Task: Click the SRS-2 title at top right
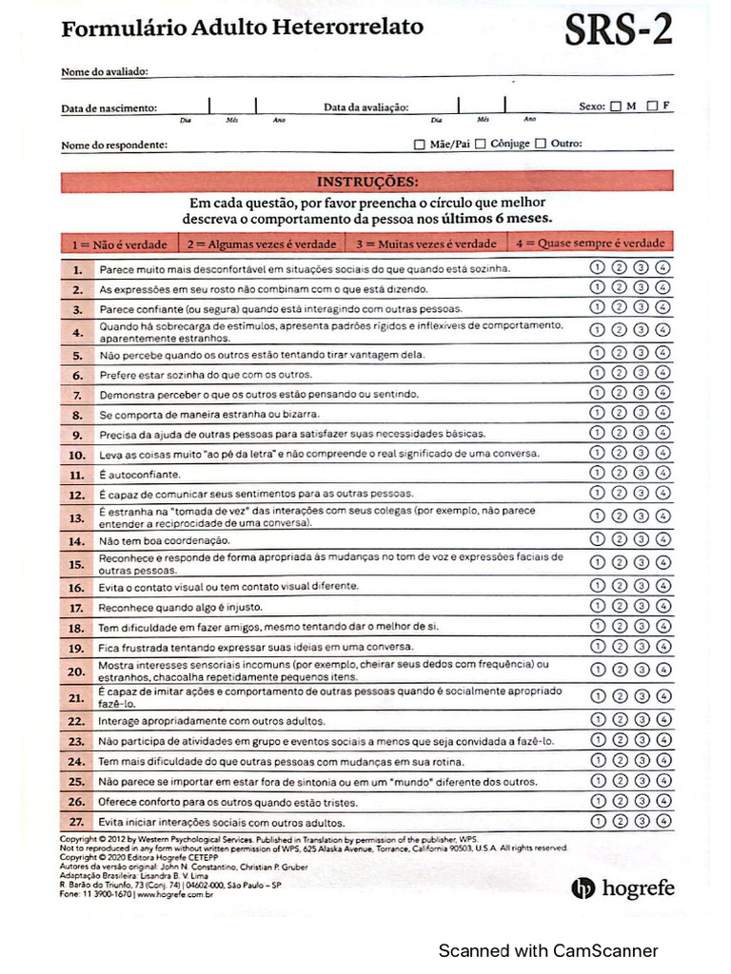pyautogui.click(x=619, y=30)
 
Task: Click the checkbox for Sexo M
pyautogui.click(x=616, y=107)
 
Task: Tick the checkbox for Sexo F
pyautogui.click(x=652, y=106)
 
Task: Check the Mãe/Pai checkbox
pyautogui.click(x=420, y=145)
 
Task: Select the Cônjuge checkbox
pyautogui.click(x=482, y=145)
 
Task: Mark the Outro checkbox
pyautogui.click(x=541, y=145)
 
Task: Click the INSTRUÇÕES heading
pyautogui.click(x=366, y=181)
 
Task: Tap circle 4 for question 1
pyautogui.click(x=663, y=267)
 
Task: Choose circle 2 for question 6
pyautogui.click(x=620, y=374)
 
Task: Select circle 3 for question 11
pyautogui.click(x=642, y=473)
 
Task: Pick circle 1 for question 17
pyautogui.click(x=598, y=606)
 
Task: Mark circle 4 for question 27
pyautogui.click(x=663, y=821)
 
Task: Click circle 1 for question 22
pyautogui.click(x=598, y=720)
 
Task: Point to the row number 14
pyautogui.click(x=77, y=540)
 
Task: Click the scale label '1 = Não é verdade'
pyautogui.click(x=119, y=243)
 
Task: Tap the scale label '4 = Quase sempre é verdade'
pyautogui.click(x=603, y=243)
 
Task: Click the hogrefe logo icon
pyautogui.click(x=583, y=888)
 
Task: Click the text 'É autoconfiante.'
pyautogui.click(x=139, y=474)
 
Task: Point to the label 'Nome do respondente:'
pyautogui.click(x=114, y=145)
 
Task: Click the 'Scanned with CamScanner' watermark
pyautogui.click(x=547, y=950)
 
